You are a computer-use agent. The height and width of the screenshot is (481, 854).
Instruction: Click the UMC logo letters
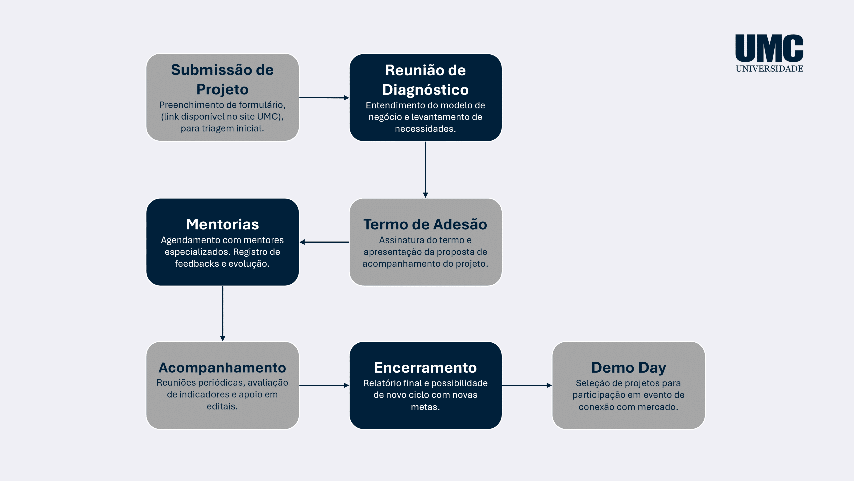pos(769,48)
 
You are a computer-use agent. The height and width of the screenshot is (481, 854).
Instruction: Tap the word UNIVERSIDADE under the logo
pos(770,69)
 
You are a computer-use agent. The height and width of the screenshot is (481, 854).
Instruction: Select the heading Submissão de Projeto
pos(223,79)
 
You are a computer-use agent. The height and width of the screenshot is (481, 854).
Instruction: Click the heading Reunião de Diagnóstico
pos(425,80)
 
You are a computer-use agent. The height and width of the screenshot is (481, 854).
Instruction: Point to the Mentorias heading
pos(223,224)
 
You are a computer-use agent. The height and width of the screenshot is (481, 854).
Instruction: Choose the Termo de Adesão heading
pos(425,224)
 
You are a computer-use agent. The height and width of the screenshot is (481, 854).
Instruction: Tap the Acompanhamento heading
pos(223,368)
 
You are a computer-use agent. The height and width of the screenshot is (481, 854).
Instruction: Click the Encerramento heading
pos(425,367)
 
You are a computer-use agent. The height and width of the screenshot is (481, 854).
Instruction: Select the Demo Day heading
pos(628,368)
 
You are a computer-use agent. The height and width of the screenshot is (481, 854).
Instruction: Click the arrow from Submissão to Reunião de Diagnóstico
pos(324,98)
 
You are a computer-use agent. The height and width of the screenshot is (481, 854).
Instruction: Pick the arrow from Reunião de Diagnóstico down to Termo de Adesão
pos(425,170)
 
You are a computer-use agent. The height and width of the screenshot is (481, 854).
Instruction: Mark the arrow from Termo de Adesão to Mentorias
pos(324,242)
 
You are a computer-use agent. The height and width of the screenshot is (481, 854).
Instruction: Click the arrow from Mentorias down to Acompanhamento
pos(223,313)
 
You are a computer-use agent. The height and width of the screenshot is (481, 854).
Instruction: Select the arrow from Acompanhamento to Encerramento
pos(324,385)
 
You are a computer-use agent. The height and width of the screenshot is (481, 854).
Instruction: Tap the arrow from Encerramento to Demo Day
pos(527,385)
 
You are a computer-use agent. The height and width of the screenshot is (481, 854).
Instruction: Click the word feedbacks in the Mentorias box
pos(196,264)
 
